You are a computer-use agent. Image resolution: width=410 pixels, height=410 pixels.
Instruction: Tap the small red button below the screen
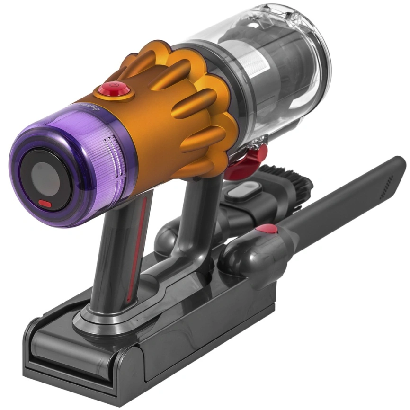click(45, 204)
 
